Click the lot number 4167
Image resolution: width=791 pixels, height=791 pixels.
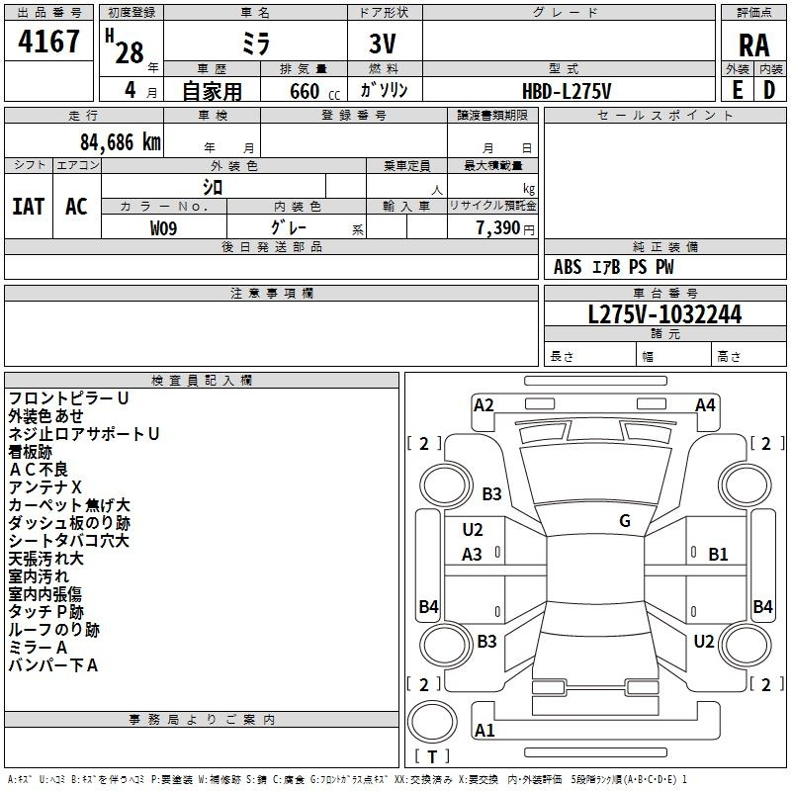48,42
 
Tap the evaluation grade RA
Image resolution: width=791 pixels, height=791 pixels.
753,45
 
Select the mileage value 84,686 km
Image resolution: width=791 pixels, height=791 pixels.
121,142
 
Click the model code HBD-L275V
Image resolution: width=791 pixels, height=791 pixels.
567,91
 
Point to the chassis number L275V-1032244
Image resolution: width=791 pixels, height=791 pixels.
664,314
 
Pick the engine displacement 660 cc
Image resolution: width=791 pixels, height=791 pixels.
314,92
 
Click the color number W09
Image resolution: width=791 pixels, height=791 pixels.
163,228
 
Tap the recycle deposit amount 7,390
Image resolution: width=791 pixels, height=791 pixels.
497,228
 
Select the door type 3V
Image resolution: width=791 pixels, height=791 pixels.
383,44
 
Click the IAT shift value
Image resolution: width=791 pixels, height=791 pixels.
29,207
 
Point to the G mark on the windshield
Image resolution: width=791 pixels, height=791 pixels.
625,521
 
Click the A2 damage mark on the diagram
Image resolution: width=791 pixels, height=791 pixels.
483,405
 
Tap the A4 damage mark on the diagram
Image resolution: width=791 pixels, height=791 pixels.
705,405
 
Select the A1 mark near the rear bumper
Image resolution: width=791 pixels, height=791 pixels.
484,730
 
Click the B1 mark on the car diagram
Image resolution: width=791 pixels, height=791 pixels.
718,555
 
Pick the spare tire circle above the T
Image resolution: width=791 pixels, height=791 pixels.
432,722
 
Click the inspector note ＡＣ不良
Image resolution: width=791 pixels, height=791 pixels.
39,470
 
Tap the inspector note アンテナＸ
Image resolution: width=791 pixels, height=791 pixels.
44,487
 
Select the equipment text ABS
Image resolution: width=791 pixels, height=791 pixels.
568,267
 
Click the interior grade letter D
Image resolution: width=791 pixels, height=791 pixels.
769,90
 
